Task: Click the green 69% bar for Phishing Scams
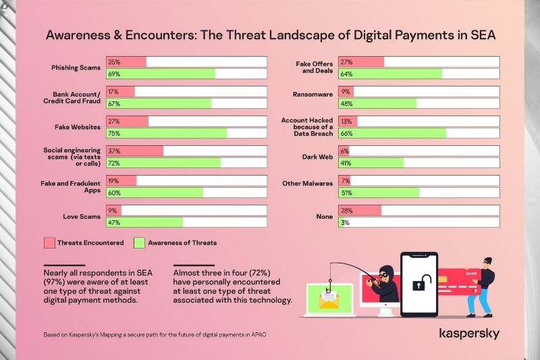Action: (x=161, y=74)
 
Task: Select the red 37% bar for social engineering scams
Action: (x=135, y=151)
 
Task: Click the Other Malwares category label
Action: (x=308, y=183)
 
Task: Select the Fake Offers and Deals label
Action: (x=314, y=68)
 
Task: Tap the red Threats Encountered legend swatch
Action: (x=49, y=242)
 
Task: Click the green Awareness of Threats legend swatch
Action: (x=140, y=242)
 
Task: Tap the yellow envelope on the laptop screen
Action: (x=329, y=302)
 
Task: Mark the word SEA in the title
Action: (x=480, y=35)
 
